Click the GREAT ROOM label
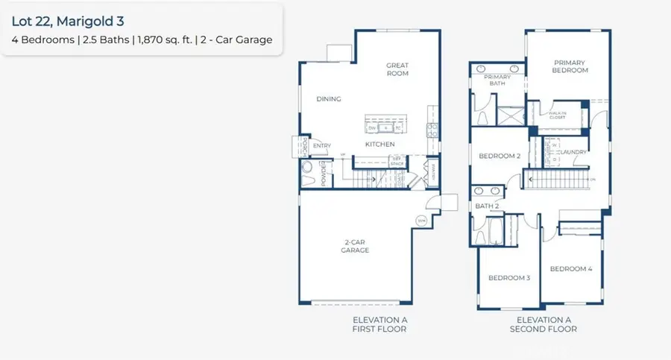397,69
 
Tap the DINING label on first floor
328,99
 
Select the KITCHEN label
379,144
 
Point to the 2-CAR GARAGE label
356,247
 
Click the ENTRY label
322,145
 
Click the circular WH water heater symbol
421,221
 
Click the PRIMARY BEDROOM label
570,66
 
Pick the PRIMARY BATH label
497,80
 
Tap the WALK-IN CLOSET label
558,115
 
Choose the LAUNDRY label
573,152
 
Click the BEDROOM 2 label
499,156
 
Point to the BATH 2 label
488,206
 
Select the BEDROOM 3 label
508,278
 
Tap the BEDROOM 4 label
570,268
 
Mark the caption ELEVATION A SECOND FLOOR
543,324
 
